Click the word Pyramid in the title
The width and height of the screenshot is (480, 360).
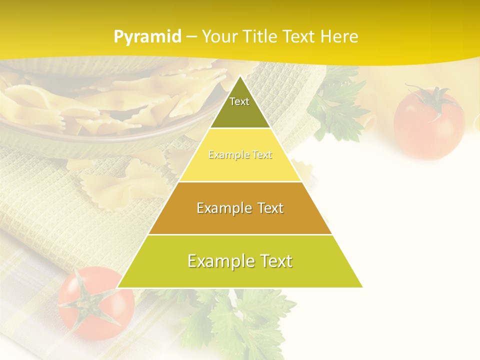coord(147,37)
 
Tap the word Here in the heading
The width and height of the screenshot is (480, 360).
coord(339,36)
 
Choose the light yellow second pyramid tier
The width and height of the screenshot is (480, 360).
coord(240,155)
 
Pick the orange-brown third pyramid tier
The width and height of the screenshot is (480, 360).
coord(240,208)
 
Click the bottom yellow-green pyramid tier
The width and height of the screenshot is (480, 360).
coord(240,261)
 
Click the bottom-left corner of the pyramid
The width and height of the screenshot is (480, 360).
coord(118,287)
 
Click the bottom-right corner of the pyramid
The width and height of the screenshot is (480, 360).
coord(361,287)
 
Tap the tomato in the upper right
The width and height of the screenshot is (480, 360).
coord(428,122)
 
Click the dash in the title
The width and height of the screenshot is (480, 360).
coord(191,37)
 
